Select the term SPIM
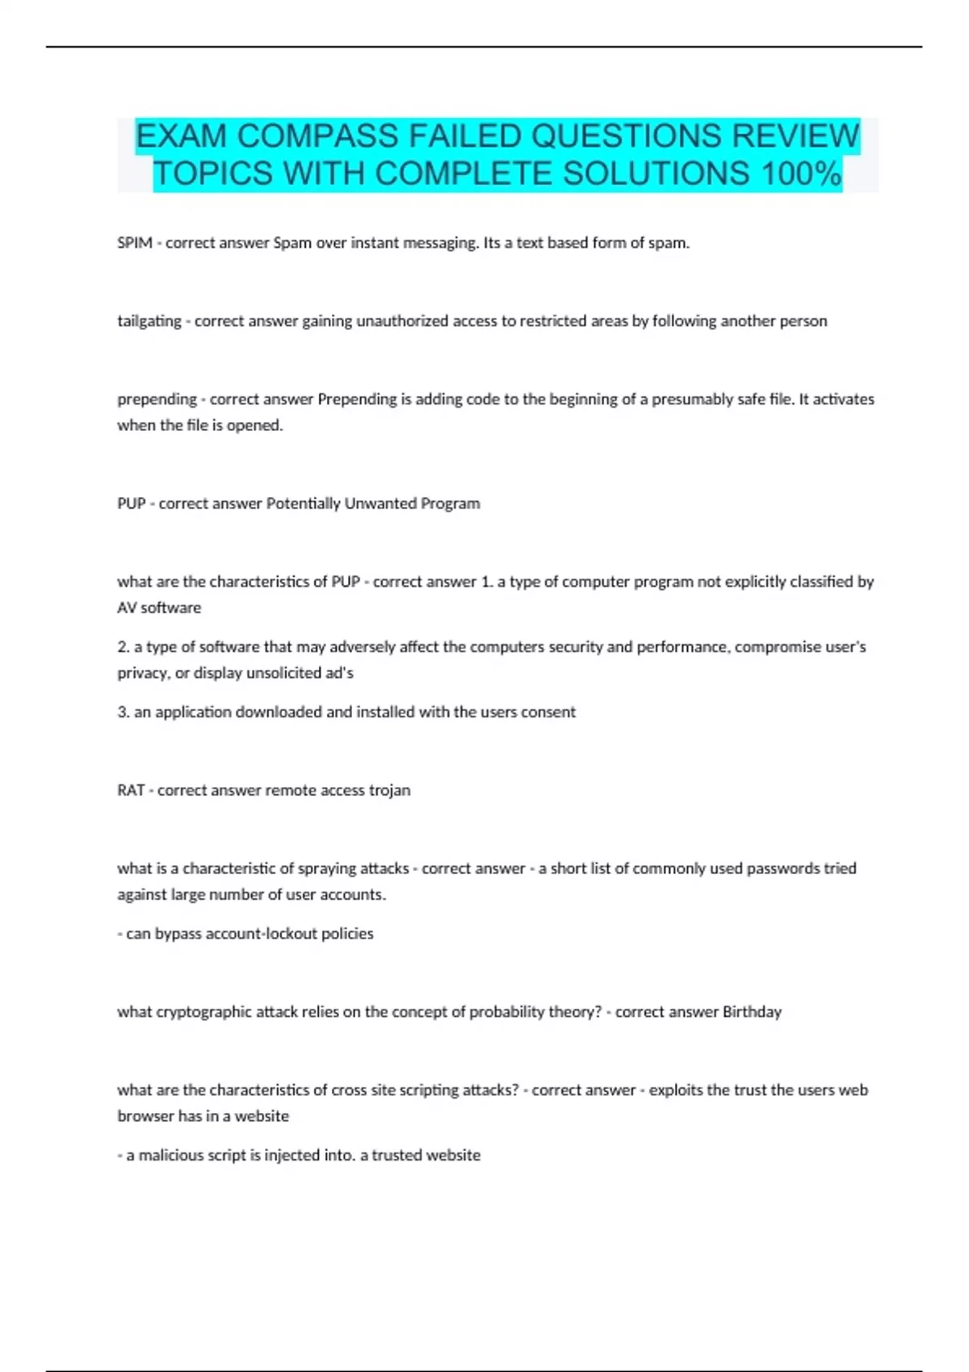coord(134,243)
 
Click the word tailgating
coord(149,321)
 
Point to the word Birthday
coord(752,1012)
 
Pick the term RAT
coord(131,790)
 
